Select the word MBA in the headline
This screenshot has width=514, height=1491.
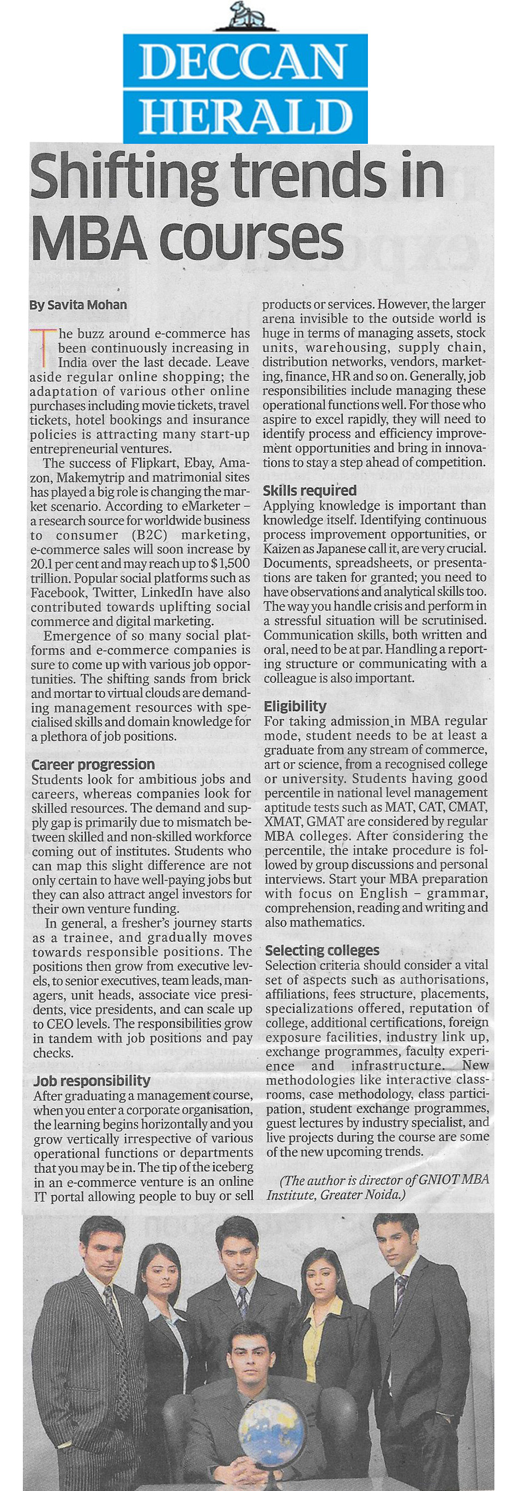pyautogui.click(x=88, y=238)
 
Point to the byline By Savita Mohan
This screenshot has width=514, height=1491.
pyautogui.click(x=77, y=305)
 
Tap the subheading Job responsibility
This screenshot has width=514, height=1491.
pyautogui.click(x=92, y=1080)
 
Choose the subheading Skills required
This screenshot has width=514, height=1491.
pyautogui.click(x=309, y=490)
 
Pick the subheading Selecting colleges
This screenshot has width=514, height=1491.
pyautogui.click(x=322, y=950)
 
